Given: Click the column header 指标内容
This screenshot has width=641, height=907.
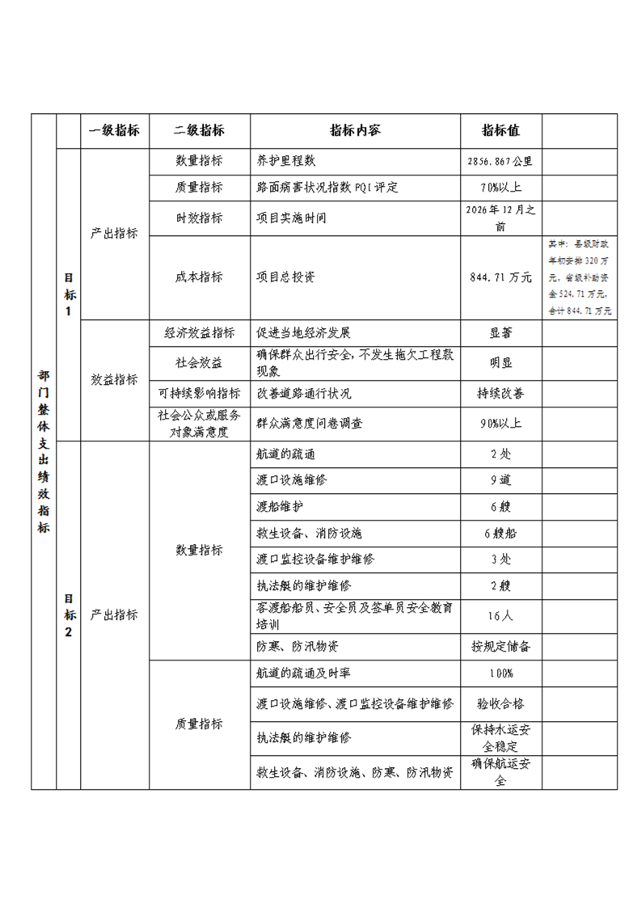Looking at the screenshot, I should [x=355, y=131].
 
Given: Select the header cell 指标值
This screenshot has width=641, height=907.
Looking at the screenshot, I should [x=500, y=131].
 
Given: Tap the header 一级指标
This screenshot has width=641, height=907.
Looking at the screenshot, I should [x=114, y=131].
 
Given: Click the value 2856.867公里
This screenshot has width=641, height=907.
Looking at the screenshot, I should [x=500, y=161].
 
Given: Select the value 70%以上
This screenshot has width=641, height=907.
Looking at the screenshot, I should [x=500, y=188].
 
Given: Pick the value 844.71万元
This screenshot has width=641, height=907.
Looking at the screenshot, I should [x=500, y=277].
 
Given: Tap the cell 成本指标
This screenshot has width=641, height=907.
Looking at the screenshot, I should [x=199, y=277].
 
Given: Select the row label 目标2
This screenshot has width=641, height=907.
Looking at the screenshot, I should [x=69, y=615].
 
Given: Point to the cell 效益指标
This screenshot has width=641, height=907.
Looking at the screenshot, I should [x=114, y=380].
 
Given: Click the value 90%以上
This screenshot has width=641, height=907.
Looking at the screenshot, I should [x=500, y=423].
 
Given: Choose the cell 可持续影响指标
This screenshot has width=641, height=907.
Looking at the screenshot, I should [x=199, y=394].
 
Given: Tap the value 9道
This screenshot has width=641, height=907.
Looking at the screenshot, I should [x=500, y=480].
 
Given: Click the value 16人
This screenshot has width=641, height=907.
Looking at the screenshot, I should [x=500, y=616].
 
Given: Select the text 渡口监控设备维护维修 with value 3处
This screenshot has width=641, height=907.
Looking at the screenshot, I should [x=315, y=559].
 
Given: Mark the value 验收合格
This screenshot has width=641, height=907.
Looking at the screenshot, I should [x=500, y=704].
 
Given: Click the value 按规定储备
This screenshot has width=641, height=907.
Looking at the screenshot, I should [x=500, y=647].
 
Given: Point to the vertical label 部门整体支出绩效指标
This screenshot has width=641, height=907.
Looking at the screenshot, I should [x=43, y=452].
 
